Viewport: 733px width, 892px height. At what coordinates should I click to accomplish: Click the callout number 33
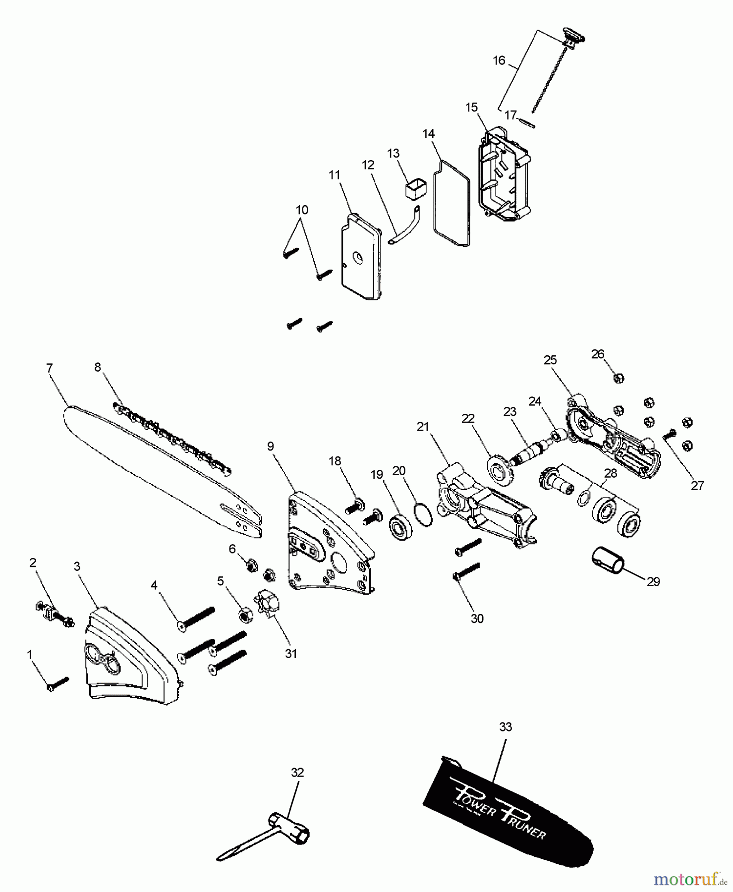coord(505,727)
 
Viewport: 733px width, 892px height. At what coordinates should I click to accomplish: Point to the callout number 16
coord(499,60)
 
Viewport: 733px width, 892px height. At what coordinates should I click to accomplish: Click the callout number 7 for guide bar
coord(49,368)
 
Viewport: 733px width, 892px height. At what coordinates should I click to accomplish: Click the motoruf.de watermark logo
coord(689,879)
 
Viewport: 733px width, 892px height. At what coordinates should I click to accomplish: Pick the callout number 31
coord(291,654)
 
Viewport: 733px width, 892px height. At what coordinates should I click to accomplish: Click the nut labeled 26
coord(618,378)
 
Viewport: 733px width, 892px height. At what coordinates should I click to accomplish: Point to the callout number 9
coord(271,446)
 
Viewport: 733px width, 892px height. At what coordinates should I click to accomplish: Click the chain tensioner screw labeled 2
coord(55,614)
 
